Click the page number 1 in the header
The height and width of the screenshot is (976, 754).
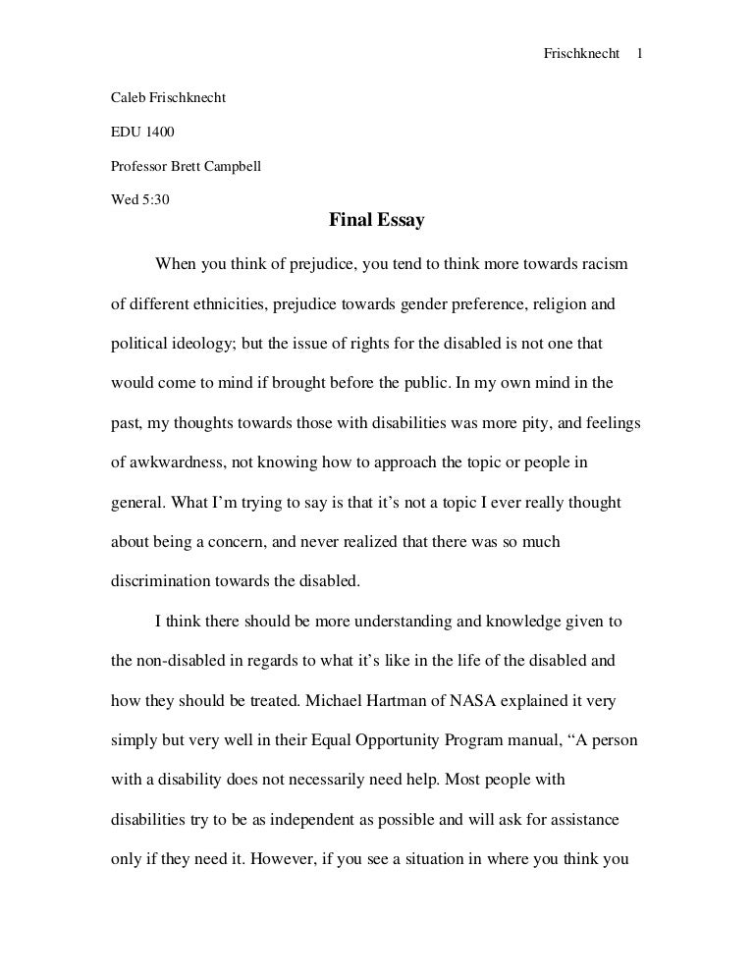(639, 27)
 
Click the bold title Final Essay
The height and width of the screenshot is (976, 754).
(376, 221)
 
